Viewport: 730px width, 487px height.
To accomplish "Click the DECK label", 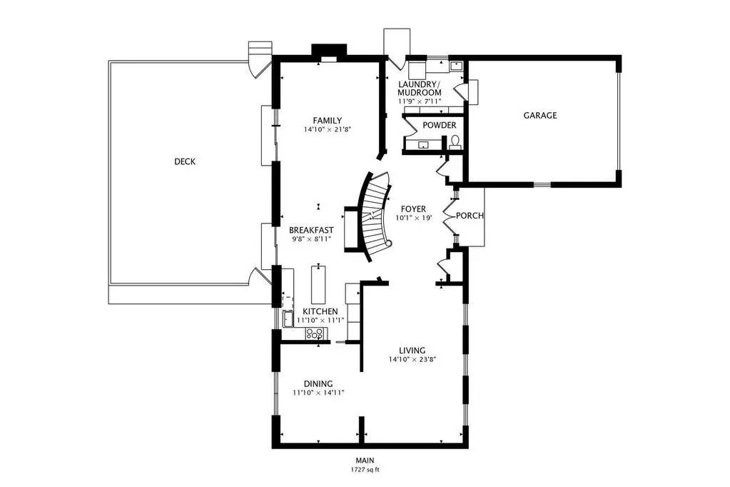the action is pyautogui.click(x=185, y=161).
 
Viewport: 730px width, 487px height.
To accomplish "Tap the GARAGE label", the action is pyautogui.click(x=540, y=116).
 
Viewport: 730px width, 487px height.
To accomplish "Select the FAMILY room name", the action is pyautogui.click(x=328, y=120).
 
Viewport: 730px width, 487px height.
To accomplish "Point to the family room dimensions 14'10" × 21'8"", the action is pyautogui.click(x=327, y=129).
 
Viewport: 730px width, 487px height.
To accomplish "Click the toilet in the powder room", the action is pyautogui.click(x=455, y=141).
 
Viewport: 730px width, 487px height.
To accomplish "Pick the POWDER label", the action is pyautogui.click(x=440, y=126).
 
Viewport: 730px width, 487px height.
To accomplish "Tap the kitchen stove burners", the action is pyautogui.click(x=314, y=333).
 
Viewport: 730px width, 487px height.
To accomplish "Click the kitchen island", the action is pyautogui.click(x=318, y=285).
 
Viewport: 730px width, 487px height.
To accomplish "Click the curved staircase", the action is pyautogui.click(x=373, y=216).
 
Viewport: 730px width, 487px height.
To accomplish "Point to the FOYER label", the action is pyautogui.click(x=413, y=209).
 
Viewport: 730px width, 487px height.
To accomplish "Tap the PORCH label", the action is pyautogui.click(x=470, y=216).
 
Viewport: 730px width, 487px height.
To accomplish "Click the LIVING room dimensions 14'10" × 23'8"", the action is pyautogui.click(x=412, y=359).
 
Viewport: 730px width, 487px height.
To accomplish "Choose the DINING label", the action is pyautogui.click(x=318, y=384).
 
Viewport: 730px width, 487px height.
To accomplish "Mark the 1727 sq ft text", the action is pyautogui.click(x=365, y=470).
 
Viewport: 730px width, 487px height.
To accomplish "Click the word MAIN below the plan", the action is pyautogui.click(x=365, y=461).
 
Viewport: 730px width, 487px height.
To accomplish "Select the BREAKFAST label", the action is pyautogui.click(x=311, y=230).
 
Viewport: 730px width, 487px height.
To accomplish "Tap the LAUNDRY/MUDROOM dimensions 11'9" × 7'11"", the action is pyautogui.click(x=420, y=101).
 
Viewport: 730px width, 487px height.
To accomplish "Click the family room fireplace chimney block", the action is pyautogui.click(x=329, y=50).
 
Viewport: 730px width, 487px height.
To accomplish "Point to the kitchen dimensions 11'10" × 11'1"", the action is pyautogui.click(x=320, y=320).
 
